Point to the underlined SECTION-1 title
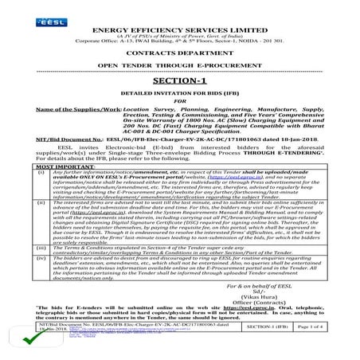coord(180,81)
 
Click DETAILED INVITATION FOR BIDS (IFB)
coord(180,94)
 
